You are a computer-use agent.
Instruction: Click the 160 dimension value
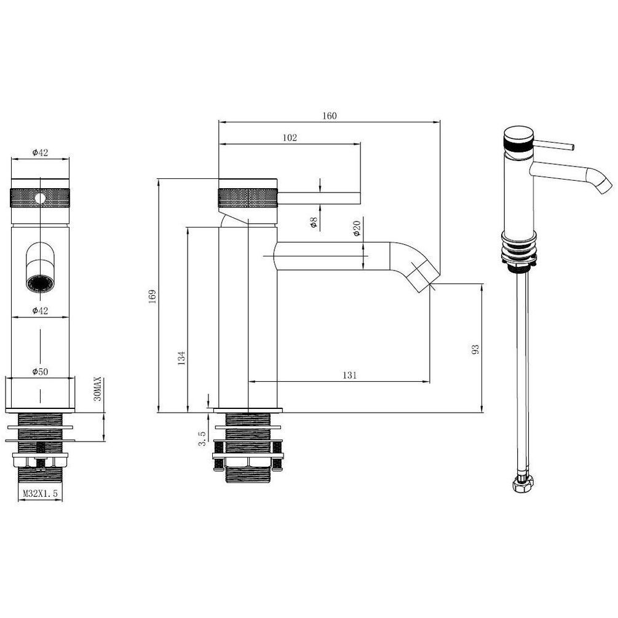(x=330, y=116)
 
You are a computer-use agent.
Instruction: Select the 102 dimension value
(x=290, y=138)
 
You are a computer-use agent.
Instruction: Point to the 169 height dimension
(x=152, y=296)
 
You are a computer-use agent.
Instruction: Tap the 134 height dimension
(x=181, y=358)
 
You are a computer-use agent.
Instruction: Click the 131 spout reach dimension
(x=349, y=375)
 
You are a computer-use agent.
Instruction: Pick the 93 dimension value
(x=475, y=349)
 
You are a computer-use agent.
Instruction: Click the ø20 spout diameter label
(x=357, y=228)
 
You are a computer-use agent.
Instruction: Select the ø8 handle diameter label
(x=314, y=223)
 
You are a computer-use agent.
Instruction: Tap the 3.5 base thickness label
(x=202, y=438)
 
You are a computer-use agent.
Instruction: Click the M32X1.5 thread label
(x=40, y=493)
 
